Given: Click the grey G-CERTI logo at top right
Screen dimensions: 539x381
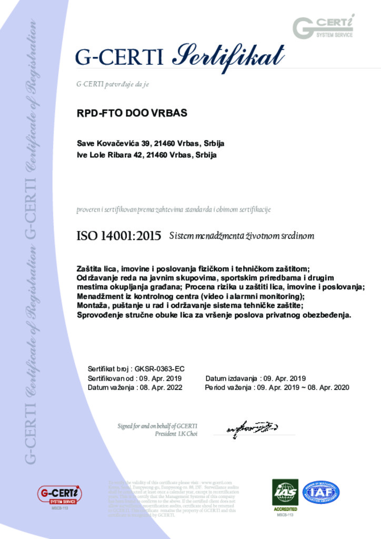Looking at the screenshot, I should pyautogui.click(x=323, y=27).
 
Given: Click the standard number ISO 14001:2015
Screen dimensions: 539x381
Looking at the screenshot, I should pyautogui.click(x=119, y=236).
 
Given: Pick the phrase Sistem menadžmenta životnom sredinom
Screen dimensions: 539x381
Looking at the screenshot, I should pyautogui.click(x=242, y=236).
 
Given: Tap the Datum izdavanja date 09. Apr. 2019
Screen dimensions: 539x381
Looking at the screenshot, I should pyautogui.click(x=284, y=378).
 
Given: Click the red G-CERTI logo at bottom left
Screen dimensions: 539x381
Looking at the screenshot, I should pyautogui.click(x=59, y=495).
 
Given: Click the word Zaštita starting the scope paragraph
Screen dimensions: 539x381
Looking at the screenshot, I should pyautogui.click(x=90, y=269).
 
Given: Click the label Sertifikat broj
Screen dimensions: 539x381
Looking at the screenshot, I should pyautogui.click(x=106, y=368).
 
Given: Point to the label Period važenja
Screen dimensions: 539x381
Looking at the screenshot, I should pyautogui.click(x=227, y=387).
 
